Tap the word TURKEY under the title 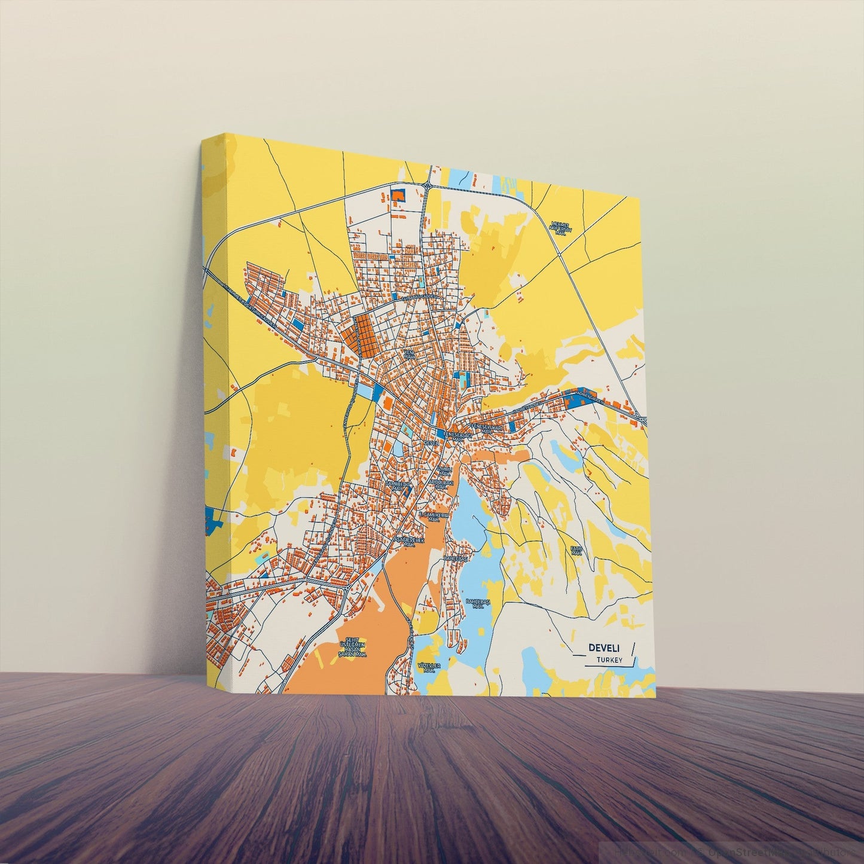tap(609, 660)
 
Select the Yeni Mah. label tap(409, 355)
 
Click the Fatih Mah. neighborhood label tap(576, 550)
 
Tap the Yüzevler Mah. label tap(428, 667)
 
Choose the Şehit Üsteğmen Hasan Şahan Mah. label tap(352, 646)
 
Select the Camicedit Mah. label tap(396, 484)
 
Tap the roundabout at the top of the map tap(428, 186)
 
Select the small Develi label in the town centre tap(431, 442)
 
